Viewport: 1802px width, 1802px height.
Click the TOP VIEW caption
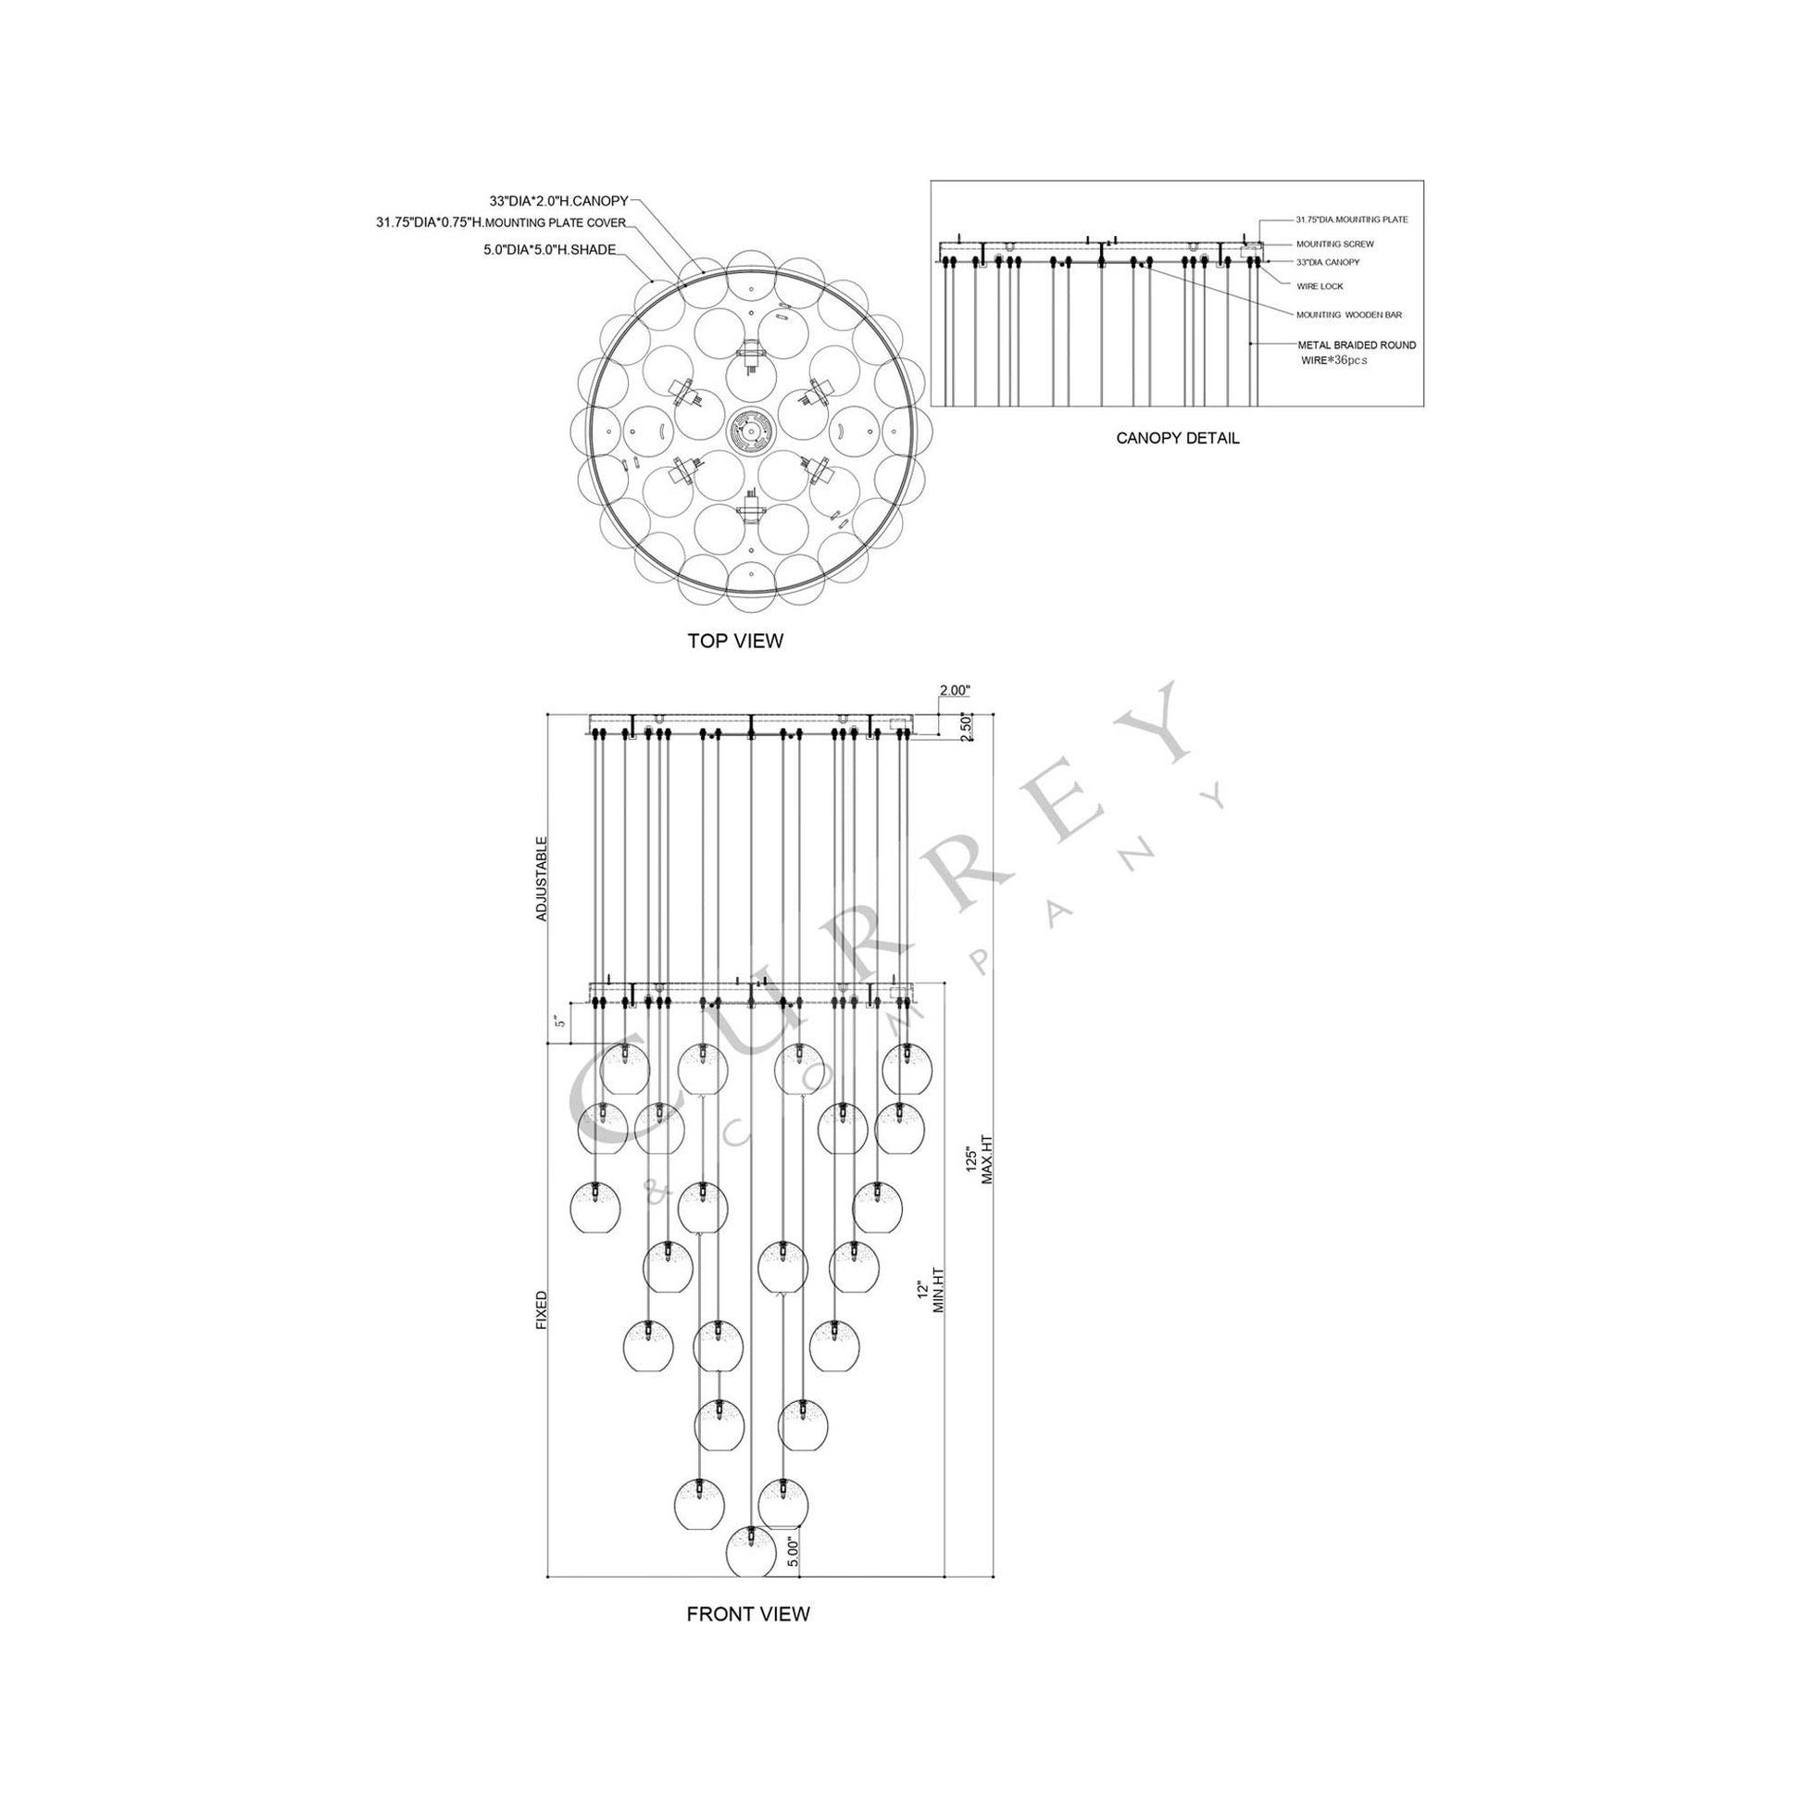[x=735, y=641]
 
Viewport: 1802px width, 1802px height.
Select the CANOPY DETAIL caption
[x=1177, y=437]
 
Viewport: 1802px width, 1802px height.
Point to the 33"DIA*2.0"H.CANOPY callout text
[x=558, y=201]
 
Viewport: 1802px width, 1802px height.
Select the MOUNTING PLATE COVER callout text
[x=501, y=223]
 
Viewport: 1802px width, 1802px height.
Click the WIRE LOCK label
[x=1319, y=286]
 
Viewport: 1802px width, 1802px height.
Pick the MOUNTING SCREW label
[x=1334, y=244]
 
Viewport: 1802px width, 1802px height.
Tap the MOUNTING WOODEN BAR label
[x=1348, y=315]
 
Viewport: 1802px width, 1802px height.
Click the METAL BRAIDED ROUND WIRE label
[x=1357, y=352]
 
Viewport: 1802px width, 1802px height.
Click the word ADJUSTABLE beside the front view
[x=542, y=879]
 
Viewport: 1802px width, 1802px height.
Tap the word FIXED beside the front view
[x=542, y=1308]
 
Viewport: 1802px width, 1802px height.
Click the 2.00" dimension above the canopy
[x=955, y=691]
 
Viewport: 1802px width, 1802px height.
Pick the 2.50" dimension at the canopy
[x=967, y=729]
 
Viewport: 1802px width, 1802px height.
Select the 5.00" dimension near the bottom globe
[x=792, y=1555]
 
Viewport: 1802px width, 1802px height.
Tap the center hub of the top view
[x=750, y=432]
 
